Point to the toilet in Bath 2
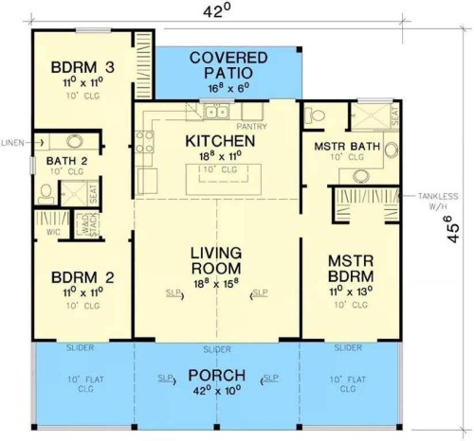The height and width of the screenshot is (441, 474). tap(46, 191)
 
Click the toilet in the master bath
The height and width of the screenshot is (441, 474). tap(317, 115)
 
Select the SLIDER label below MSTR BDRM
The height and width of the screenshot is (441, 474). tap(347, 348)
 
